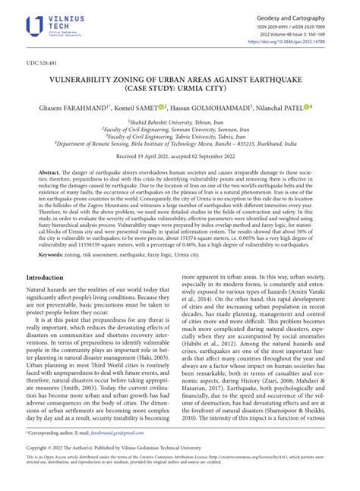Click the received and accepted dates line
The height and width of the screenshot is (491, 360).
(179, 167)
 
